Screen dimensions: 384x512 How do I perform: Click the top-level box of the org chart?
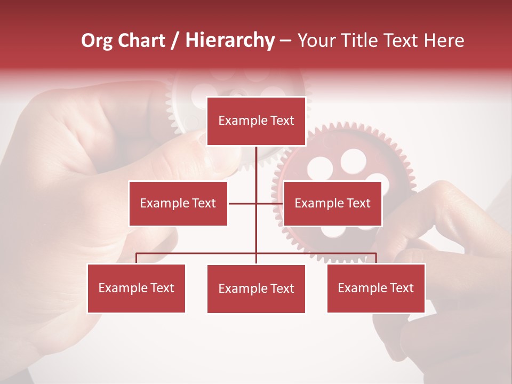click(x=256, y=121)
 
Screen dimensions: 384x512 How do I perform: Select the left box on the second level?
click(x=178, y=203)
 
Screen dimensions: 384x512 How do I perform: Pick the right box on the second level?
click(x=332, y=203)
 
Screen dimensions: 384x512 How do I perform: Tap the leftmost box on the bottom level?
click(x=136, y=289)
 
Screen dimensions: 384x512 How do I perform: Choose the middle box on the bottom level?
click(x=256, y=289)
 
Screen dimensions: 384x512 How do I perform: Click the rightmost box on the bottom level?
click(x=375, y=289)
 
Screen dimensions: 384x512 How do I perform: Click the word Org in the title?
click(x=97, y=41)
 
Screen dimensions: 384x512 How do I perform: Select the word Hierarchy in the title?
click(x=230, y=41)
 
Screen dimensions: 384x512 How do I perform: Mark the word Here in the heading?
click(x=444, y=41)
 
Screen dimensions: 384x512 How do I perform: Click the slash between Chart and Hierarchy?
click(x=175, y=41)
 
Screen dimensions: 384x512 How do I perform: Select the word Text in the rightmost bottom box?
click(x=402, y=289)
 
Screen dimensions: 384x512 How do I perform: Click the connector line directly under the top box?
click(x=256, y=163)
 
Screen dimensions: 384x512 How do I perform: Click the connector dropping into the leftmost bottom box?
click(x=136, y=258)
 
